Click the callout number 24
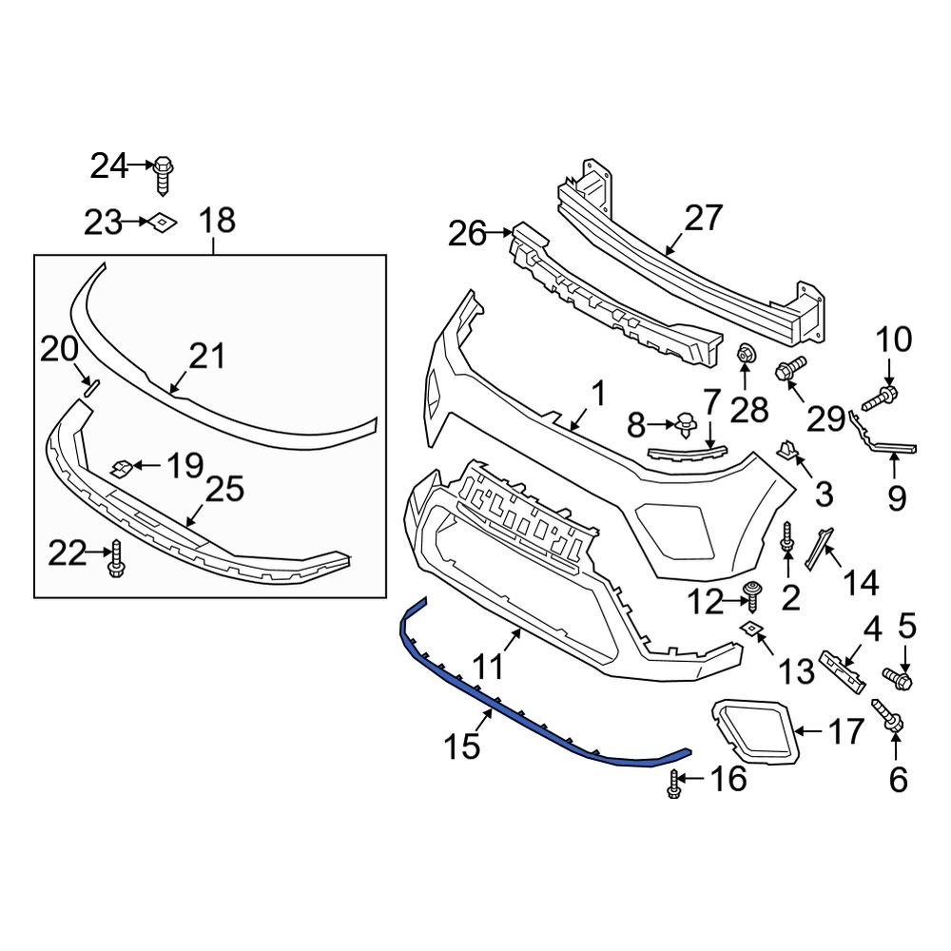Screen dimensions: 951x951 tap(108, 166)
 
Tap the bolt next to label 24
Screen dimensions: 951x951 tap(163, 172)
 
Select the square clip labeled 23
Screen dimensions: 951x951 tap(161, 222)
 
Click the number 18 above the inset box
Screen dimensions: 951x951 tap(216, 222)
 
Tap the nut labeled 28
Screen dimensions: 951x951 tap(746, 356)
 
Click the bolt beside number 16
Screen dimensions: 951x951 tap(674, 784)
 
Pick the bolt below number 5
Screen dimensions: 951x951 tap(897, 678)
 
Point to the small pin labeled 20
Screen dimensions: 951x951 tap(87, 385)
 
